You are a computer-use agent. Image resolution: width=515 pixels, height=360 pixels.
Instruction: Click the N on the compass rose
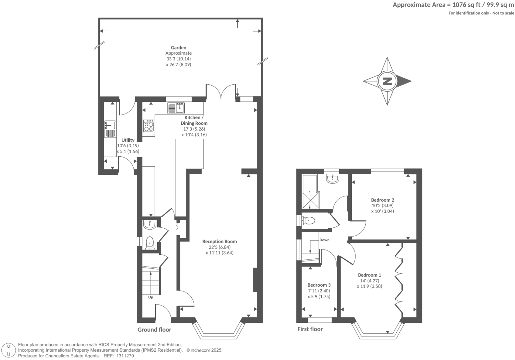click(387, 81)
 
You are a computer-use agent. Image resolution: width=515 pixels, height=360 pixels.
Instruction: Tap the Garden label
click(178, 48)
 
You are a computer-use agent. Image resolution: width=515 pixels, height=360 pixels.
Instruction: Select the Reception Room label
click(220, 242)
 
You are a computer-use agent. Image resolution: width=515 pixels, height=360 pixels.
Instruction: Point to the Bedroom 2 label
click(382, 200)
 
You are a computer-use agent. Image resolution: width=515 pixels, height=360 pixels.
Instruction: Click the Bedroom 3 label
click(319, 285)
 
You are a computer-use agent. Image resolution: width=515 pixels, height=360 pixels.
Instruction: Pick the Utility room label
click(128, 140)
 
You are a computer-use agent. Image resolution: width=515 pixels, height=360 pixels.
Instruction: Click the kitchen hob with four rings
click(149, 126)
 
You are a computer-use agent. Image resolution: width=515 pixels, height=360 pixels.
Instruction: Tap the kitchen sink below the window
click(176, 108)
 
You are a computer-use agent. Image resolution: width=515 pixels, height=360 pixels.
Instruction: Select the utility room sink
click(110, 125)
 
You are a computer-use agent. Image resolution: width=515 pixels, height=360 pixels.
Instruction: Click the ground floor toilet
click(150, 243)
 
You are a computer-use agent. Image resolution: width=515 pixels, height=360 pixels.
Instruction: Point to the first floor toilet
click(309, 220)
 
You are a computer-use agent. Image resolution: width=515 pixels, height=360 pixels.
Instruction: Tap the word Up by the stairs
click(151, 297)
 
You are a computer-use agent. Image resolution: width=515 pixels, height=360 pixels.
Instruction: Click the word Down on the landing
click(324, 240)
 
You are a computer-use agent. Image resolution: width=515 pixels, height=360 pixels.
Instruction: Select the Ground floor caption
click(154, 329)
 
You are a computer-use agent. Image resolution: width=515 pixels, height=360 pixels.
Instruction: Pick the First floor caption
click(310, 329)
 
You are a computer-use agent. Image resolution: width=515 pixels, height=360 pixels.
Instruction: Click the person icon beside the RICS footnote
click(9, 350)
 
